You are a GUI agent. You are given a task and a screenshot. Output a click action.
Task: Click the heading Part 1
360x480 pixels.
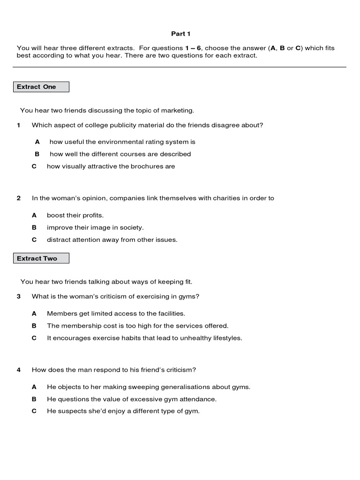[x=180, y=34]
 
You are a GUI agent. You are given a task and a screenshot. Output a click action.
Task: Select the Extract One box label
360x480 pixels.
[x=37, y=87]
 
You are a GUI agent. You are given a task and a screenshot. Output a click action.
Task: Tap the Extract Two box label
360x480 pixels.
[x=37, y=258]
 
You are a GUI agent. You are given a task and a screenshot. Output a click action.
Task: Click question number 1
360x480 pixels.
[x=19, y=125]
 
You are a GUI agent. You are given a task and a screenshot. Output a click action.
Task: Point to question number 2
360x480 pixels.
[x=19, y=198]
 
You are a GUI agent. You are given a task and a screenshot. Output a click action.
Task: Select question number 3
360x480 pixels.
[x=19, y=297]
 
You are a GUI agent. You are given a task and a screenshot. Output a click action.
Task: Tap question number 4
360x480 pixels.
[x=19, y=370]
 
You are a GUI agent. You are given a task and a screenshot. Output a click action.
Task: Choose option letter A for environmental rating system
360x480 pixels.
[x=37, y=142]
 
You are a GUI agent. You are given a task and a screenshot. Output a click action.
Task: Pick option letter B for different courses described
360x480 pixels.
[x=37, y=154]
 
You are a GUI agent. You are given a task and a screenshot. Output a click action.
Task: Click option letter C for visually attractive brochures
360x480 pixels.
[x=34, y=166]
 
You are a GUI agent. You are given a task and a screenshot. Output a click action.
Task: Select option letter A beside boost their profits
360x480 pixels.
[x=34, y=216]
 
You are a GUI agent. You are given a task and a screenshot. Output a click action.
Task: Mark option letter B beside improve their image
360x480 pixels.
[x=34, y=228]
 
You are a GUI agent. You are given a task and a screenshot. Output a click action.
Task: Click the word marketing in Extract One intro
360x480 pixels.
[x=177, y=111]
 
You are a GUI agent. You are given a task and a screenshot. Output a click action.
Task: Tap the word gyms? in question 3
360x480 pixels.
[x=189, y=297]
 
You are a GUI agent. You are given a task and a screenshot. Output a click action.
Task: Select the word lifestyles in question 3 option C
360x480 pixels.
[x=226, y=338]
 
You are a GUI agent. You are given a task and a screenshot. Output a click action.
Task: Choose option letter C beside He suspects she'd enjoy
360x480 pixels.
[x=34, y=412]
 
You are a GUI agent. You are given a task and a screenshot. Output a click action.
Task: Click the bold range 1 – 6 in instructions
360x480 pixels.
[x=194, y=48]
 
